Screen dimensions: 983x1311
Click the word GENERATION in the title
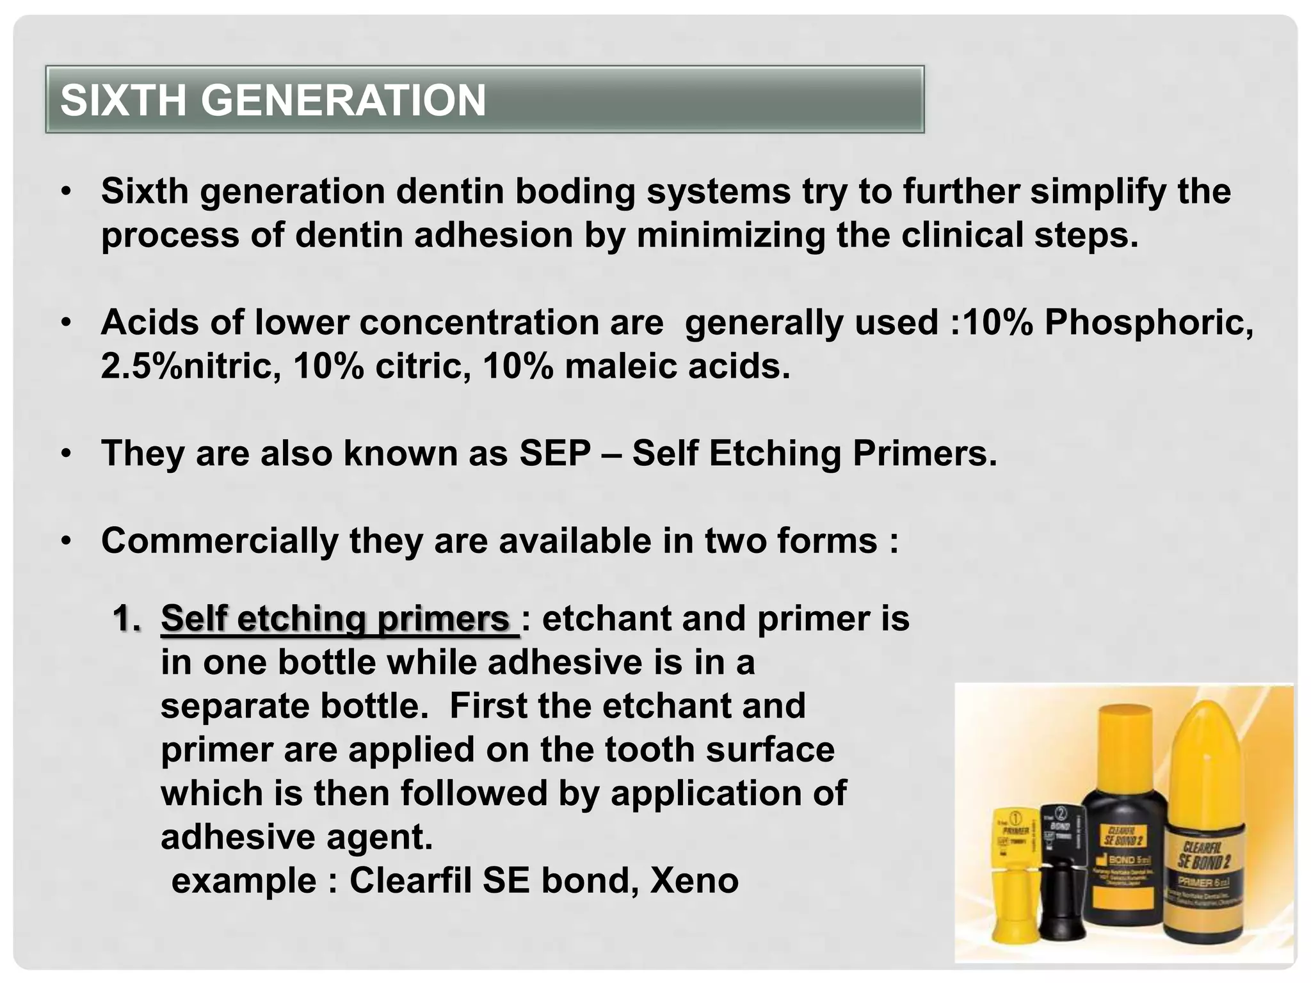346,100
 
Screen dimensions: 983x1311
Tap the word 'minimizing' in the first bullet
730,235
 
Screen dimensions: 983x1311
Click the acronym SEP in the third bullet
555,453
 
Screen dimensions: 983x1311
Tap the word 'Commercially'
220,541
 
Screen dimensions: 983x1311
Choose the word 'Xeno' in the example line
694,881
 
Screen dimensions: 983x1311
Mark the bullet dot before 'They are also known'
66,454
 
